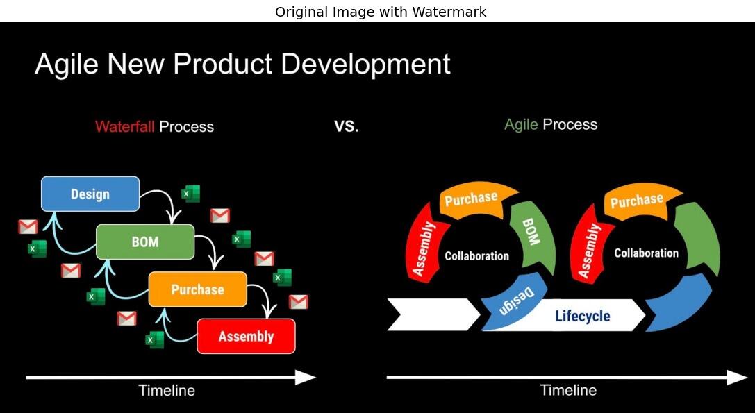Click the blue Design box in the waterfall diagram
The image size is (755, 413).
[x=90, y=194]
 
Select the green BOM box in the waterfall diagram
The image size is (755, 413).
[x=144, y=242]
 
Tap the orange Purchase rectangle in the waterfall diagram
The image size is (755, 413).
[x=197, y=289]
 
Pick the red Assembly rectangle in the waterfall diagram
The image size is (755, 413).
[x=246, y=337]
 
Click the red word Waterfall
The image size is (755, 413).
[x=125, y=127]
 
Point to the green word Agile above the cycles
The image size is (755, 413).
[x=521, y=125]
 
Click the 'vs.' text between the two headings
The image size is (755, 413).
[x=346, y=126]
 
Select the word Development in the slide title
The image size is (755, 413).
[x=365, y=65]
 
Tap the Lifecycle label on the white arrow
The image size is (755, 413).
[x=582, y=317]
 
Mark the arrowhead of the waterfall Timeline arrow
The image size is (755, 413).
[x=306, y=378]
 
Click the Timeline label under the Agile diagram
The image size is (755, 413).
[x=568, y=391]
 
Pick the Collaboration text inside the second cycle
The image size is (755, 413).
[x=646, y=253]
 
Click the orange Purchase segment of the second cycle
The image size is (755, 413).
[x=636, y=201]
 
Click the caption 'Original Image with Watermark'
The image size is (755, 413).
[x=381, y=12]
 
